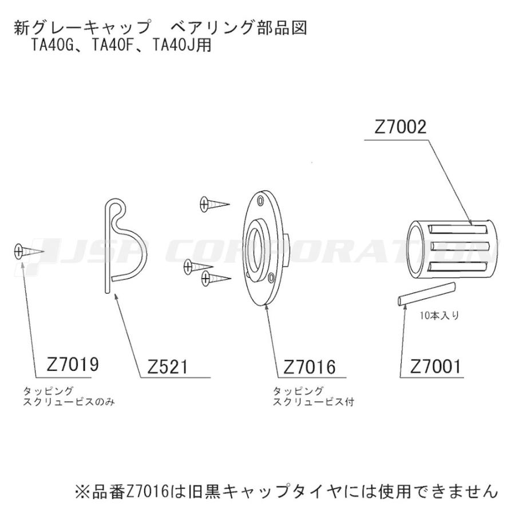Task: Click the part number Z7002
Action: [401, 127]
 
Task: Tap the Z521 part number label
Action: [168, 366]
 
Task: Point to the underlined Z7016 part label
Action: [309, 366]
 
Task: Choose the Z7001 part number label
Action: [435, 366]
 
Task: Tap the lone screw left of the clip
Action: [29, 251]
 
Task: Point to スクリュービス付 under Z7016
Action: [313, 402]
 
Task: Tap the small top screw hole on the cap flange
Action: [262, 201]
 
